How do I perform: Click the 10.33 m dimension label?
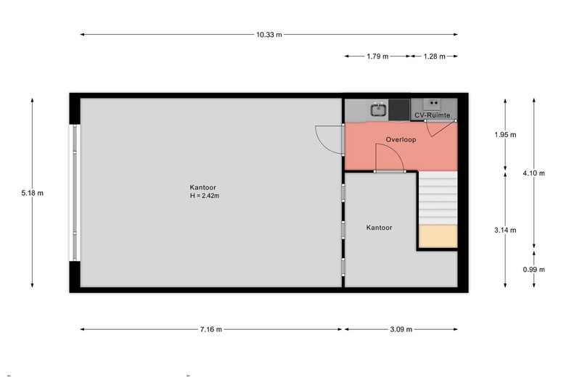(268, 34)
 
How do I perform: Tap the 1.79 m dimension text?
(377, 56)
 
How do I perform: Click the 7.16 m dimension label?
(210, 329)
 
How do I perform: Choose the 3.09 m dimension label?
(401, 329)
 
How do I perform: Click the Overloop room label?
(401, 140)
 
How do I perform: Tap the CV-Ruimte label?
(432, 115)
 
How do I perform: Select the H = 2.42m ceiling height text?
(205, 196)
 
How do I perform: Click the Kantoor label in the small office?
(379, 228)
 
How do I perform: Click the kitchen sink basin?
(378, 110)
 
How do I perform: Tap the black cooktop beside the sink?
(399, 109)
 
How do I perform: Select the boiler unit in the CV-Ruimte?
(434, 104)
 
